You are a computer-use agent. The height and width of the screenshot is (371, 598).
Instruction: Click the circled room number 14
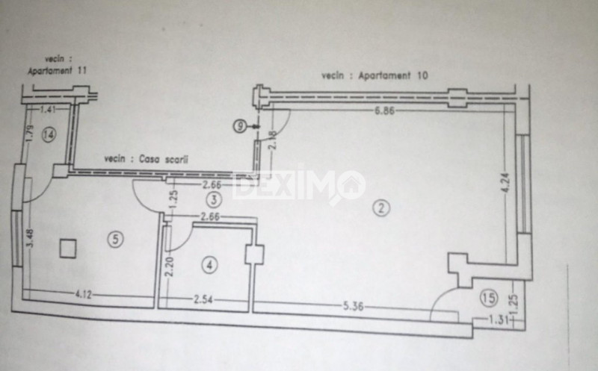pyautogui.click(x=49, y=135)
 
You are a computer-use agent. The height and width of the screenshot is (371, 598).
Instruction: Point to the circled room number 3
pyautogui.click(x=215, y=199)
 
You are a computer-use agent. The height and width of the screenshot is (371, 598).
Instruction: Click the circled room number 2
pyautogui.click(x=382, y=209)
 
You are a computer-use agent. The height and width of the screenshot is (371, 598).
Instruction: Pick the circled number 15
pyautogui.click(x=489, y=299)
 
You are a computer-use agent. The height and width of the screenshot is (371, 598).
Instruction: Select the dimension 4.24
pyautogui.click(x=505, y=184)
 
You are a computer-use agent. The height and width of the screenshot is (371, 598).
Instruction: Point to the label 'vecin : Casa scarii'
pyautogui.click(x=147, y=159)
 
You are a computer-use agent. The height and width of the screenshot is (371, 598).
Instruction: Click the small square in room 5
pyautogui.click(x=69, y=248)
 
